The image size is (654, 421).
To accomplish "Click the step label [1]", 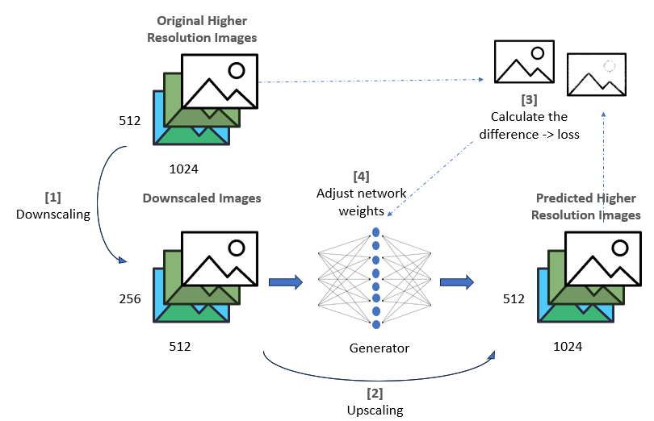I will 52,196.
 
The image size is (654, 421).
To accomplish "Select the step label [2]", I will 375,394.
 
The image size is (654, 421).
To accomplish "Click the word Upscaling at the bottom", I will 375,410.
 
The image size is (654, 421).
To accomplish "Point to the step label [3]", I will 528,100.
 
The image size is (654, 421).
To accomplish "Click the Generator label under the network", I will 379,348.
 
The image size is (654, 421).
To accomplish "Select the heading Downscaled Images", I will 202,198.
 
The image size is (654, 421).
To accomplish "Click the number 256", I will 129,299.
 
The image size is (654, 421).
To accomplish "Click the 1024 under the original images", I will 184,169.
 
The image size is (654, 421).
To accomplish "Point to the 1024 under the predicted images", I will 567,347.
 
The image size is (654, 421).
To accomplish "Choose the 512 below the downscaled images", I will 180,347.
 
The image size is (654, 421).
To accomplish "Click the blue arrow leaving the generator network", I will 456,281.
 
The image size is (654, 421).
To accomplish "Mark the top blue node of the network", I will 375,233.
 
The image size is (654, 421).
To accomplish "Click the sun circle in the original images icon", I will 236,70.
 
